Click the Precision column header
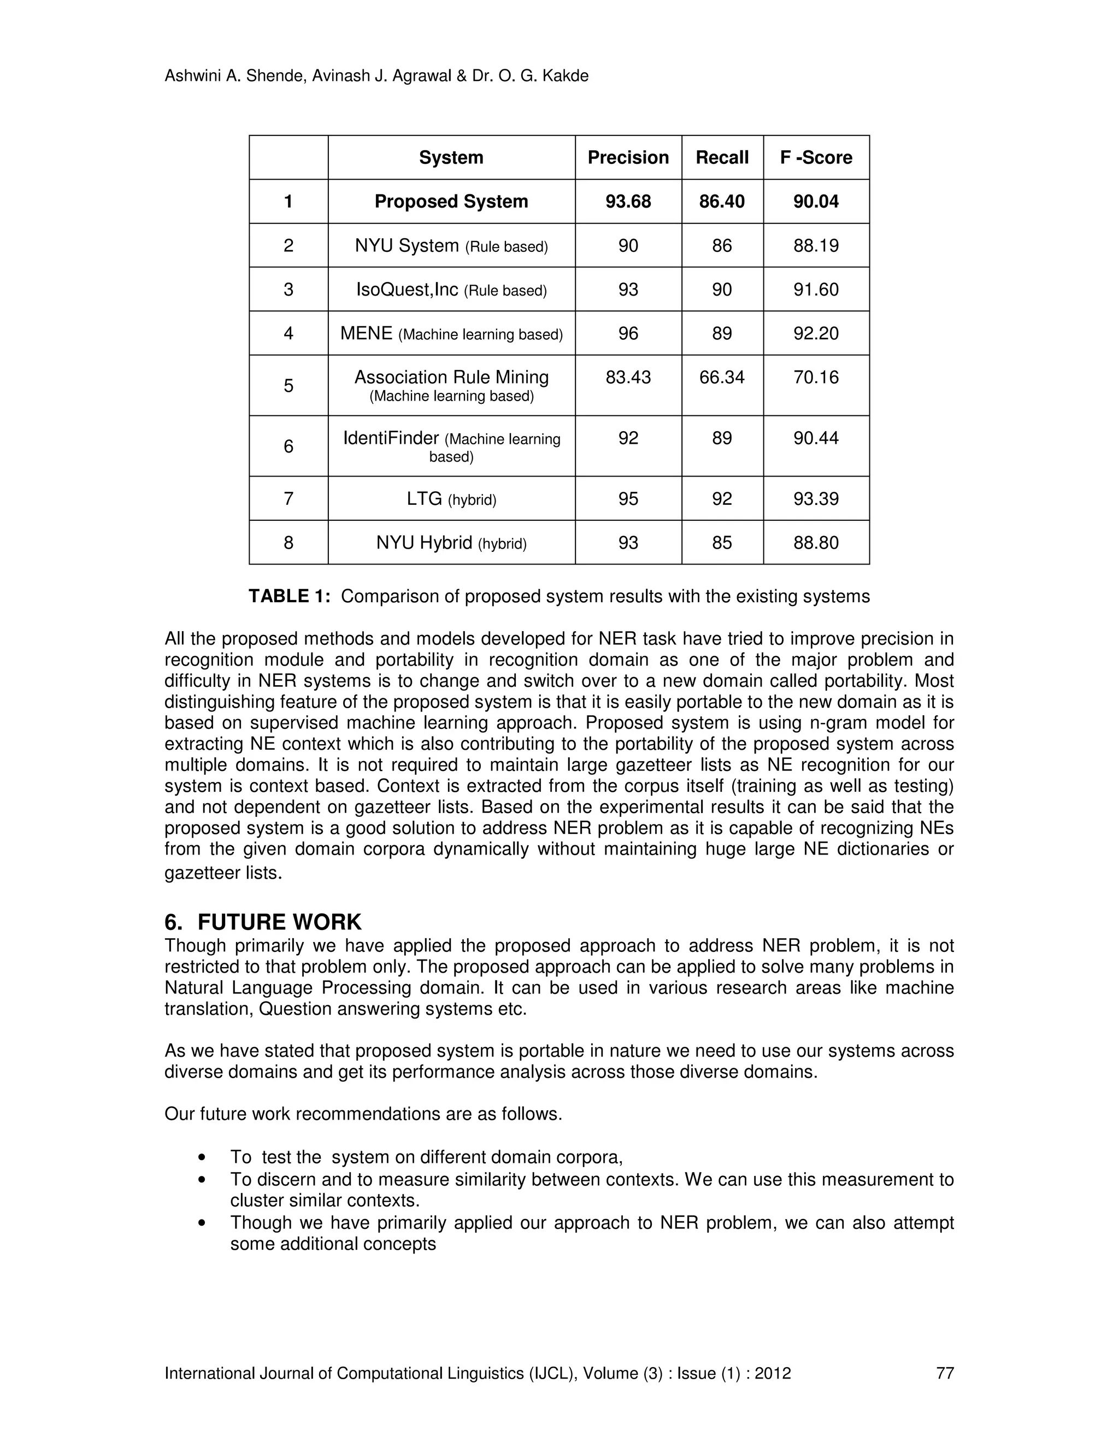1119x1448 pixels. point(628,157)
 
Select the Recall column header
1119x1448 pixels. point(722,157)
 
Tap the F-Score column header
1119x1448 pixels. point(816,157)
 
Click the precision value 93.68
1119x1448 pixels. point(628,202)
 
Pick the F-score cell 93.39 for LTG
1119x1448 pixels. point(816,498)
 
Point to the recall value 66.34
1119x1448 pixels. point(722,377)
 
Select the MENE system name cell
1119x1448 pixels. point(451,333)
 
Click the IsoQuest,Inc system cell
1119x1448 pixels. point(451,290)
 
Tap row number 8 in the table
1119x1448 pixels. point(288,543)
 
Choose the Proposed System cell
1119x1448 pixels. point(451,202)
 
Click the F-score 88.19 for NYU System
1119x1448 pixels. point(816,246)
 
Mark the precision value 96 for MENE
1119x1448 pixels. point(628,333)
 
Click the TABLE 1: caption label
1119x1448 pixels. point(289,597)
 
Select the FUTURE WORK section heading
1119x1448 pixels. point(279,922)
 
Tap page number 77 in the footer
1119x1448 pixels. point(945,1373)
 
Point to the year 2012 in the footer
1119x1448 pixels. point(772,1373)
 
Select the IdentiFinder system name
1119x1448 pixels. point(391,438)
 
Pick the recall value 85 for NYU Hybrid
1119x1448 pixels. point(722,543)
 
